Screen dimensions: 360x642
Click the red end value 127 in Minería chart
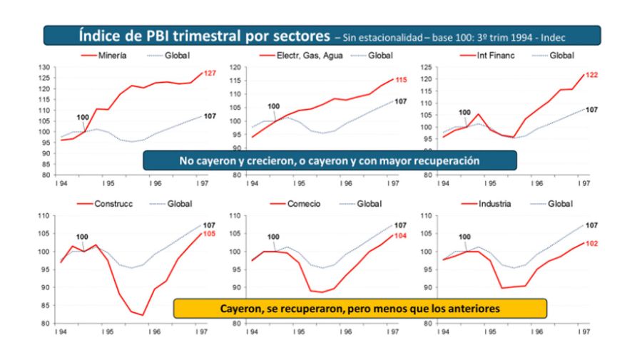[210, 73]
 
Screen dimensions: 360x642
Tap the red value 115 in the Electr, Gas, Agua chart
[401, 80]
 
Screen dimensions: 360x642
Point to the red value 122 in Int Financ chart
[591, 75]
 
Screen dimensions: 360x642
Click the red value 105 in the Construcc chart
[210, 234]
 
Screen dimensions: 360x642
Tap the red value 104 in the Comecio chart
[401, 236]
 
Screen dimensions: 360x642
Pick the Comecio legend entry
[304, 203]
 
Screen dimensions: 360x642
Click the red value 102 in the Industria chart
[591, 243]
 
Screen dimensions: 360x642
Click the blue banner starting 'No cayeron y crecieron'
[330, 160]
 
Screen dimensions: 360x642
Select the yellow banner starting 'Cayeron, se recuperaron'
[360, 308]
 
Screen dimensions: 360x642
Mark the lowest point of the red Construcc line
[143, 315]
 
